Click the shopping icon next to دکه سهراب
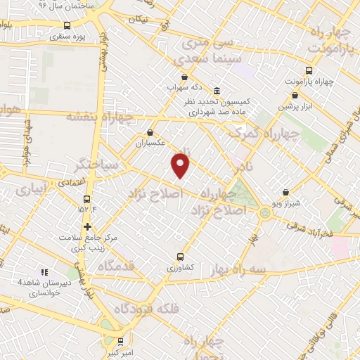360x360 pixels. (184, 77)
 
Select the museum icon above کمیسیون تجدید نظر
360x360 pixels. (216, 91)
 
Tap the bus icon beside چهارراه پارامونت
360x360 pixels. (309, 70)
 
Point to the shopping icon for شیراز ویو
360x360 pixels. (285, 192)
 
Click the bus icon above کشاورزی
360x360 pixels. (180, 257)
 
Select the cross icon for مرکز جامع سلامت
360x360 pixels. (87, 226)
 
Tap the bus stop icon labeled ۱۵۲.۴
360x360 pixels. (87, 199)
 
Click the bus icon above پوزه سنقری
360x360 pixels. (67, 26)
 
